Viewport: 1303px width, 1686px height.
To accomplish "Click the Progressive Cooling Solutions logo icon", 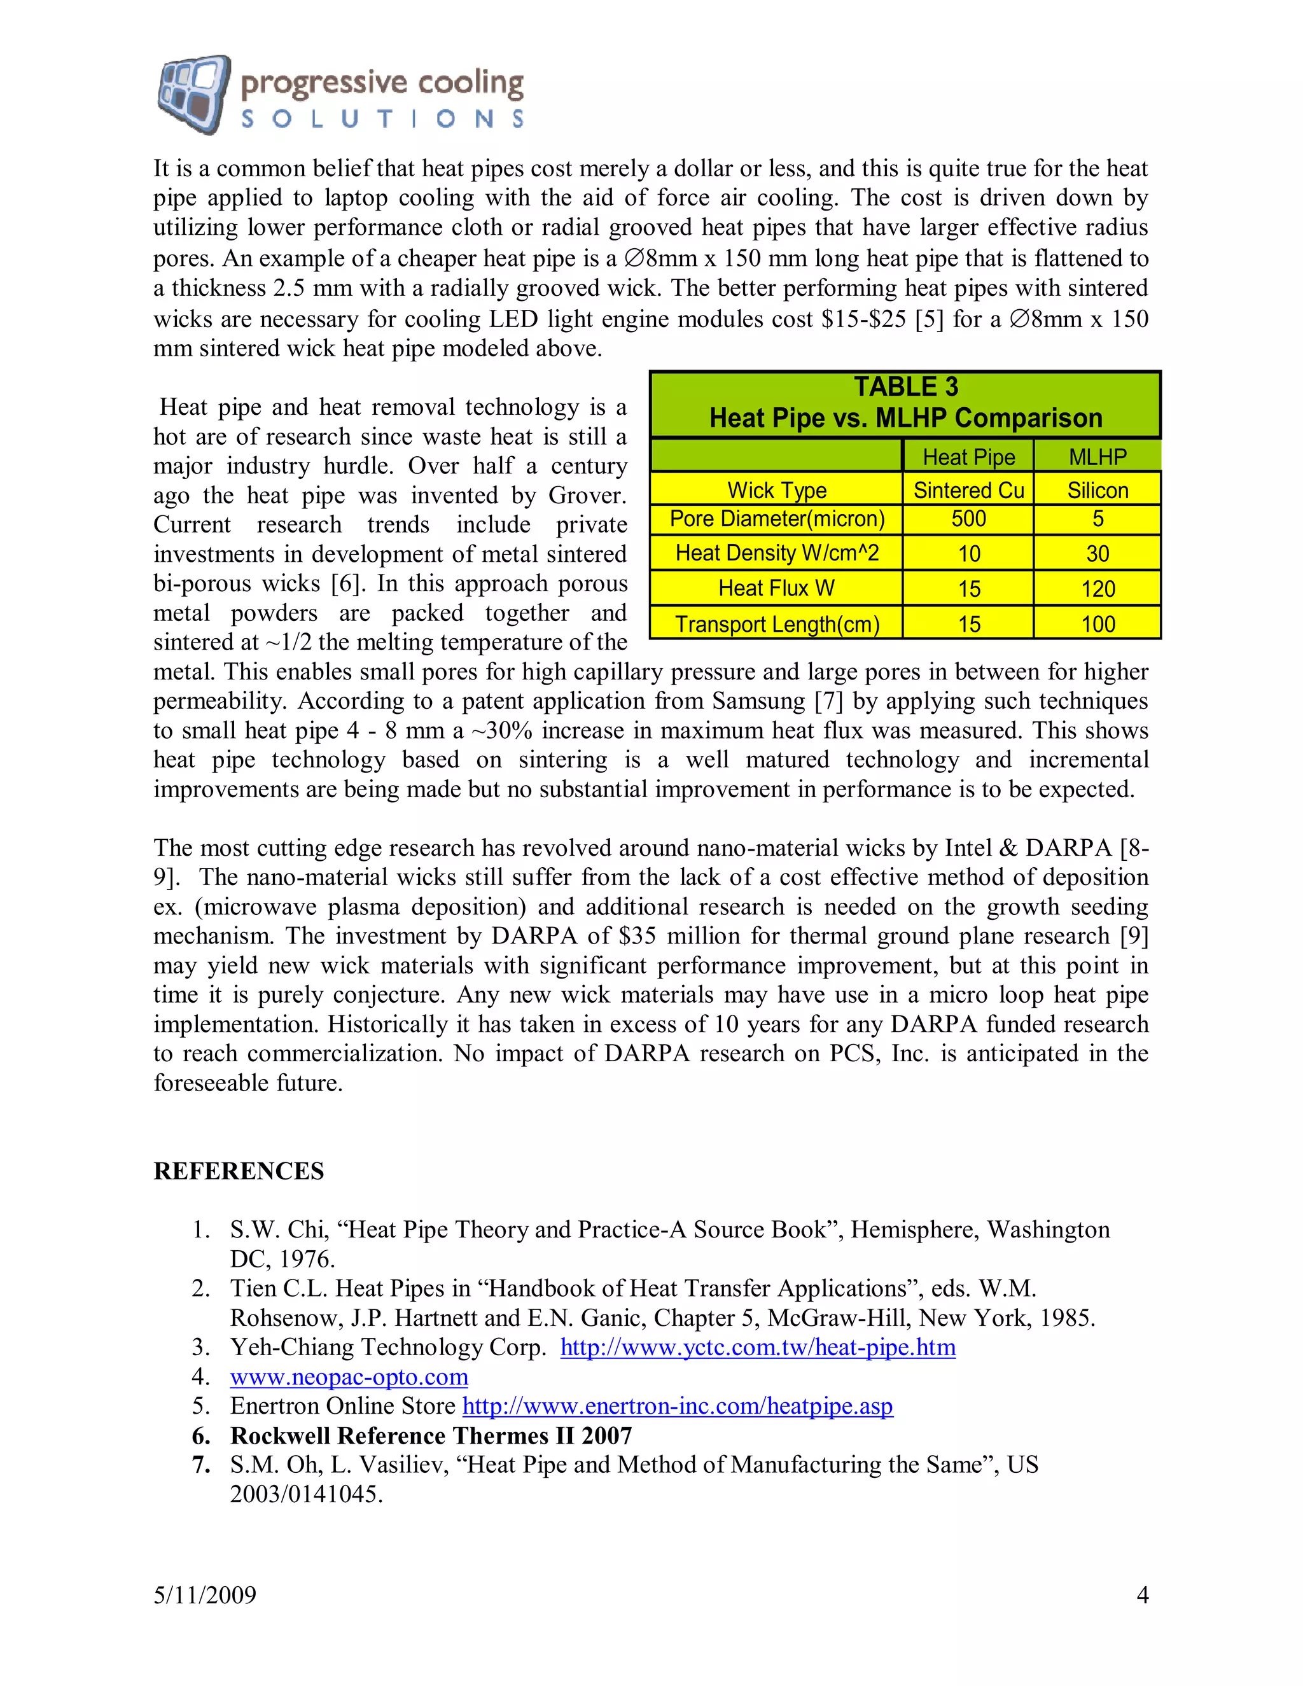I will [193, 94].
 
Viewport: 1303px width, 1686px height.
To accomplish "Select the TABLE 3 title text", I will [905, 387].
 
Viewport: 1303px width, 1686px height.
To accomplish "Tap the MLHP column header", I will [1097, 457].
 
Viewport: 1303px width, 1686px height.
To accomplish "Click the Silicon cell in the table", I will [1097, 490].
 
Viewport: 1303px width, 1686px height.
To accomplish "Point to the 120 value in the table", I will [1097, 589].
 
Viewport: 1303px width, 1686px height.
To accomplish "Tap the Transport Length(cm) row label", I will [777, 624].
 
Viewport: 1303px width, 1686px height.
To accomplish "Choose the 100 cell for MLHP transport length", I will [1097, 624].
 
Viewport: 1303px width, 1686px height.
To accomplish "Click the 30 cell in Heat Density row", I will [1097, 554].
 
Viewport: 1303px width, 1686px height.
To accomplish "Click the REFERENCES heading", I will [239, 1171].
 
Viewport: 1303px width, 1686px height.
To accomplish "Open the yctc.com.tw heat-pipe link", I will [757, 1347].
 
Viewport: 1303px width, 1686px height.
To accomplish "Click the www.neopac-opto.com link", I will [349, 1376].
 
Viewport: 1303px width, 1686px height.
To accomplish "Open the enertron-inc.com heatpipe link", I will [677, 1406].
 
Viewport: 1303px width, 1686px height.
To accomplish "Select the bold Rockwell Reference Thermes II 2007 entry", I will [431, 1435].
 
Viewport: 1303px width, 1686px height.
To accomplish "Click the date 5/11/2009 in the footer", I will [205, 1595].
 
